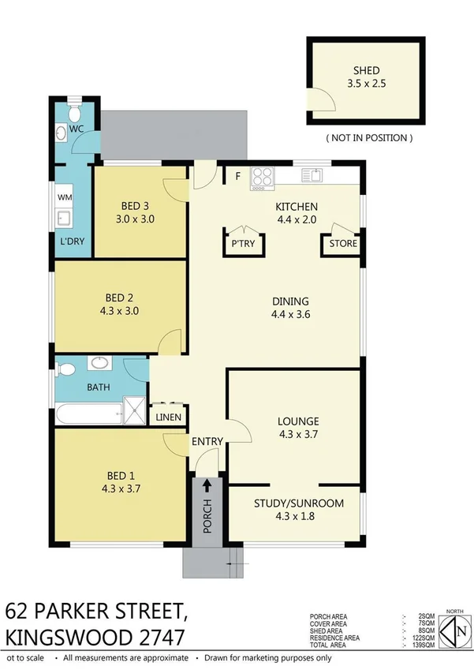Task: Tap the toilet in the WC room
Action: (x=74, y=111)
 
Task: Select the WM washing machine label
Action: (x=63, y=197)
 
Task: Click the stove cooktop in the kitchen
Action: (x=262, y=178)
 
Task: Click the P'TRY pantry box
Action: (x=243, y=244)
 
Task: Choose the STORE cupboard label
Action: (x=343, y=244)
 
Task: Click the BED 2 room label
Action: (x=119, y=298)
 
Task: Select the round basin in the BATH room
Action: (x=100, y=364)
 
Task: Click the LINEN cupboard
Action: (x=168, y=417)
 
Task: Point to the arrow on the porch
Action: (x=207, y=486)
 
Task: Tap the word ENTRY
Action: (x=207, y=441)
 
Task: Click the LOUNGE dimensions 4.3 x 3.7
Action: (x=297, y=433)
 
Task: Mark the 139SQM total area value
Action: (x=424, y=645)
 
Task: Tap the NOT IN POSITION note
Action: (x=368, y=137)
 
